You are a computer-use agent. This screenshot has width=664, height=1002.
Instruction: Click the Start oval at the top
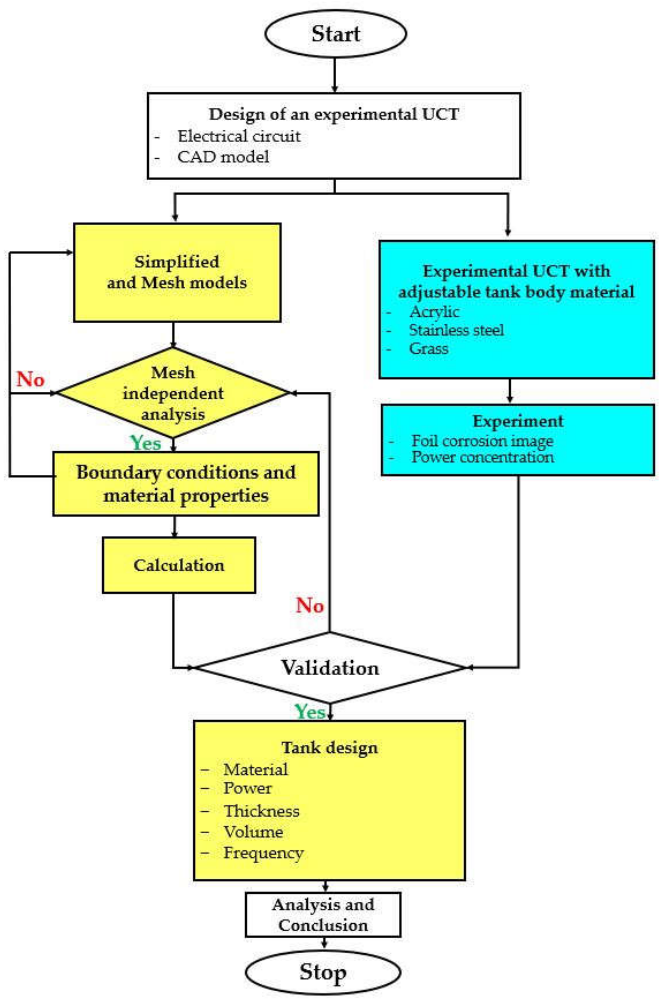pos(335,34)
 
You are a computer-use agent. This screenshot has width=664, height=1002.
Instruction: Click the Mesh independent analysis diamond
pos(173,393)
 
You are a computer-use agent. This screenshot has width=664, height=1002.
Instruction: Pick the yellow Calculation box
pos(179,565)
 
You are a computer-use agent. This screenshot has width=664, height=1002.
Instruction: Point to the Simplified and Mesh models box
pos(177,272)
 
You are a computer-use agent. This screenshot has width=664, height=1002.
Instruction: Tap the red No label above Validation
pos(310,605)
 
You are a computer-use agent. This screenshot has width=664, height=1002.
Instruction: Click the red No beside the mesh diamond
pos(30,379)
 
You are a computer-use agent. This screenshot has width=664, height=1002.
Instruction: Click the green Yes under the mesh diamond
pos(146,443)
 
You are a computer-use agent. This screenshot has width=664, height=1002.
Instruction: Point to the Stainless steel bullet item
pos(456,330)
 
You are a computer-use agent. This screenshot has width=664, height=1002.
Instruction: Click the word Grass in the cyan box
pos(428,349)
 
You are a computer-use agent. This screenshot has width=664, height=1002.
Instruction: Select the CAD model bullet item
pos(223,157)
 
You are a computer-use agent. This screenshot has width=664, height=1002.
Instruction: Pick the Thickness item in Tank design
pos(261,811)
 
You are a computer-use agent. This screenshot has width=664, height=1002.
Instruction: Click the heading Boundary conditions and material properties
pos(186,484)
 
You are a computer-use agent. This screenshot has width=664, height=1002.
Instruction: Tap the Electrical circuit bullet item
pos(239,136)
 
